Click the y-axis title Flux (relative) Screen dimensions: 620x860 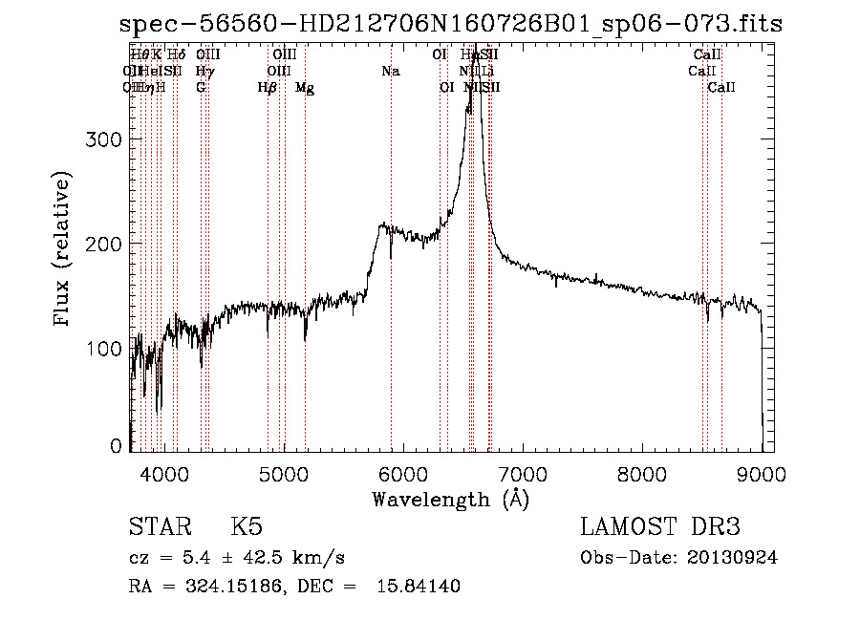tap(64, 250)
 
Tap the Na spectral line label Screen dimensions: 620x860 tap(390, 71)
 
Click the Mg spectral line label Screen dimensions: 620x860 tap(305, 87)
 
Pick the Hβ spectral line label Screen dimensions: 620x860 tap(268, 87)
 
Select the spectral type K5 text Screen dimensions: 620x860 tap(247, 527)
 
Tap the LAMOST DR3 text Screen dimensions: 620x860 tap(660, 527)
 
